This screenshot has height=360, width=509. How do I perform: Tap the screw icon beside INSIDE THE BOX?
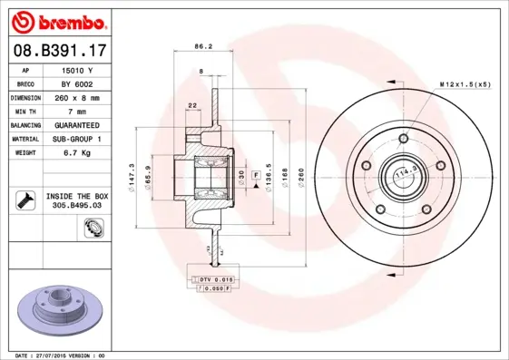click(x=24, y=199)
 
